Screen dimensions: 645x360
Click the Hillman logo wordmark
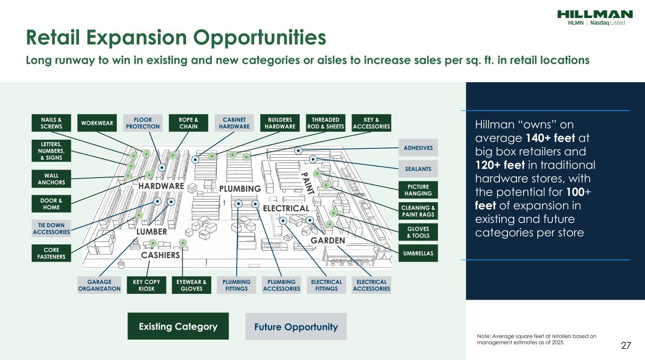coord(595,14)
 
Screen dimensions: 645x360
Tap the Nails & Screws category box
coord(51,123)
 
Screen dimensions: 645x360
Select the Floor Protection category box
coord(143,123)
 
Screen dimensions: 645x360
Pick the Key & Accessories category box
coord(371,123)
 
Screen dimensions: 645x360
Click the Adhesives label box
coord(418,148)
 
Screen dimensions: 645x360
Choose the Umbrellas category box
coord(418,253)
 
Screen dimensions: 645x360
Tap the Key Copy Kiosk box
coord(146,285)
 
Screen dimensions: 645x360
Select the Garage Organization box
coord(99,285)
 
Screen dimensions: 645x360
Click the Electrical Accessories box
coord(371,285)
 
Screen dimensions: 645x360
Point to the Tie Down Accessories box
coord(51,228)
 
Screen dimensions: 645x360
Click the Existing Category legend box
coord(178,326)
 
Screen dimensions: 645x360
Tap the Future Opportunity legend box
coord(296,326)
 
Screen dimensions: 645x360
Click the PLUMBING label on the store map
coord(240,189)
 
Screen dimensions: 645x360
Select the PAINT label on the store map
coord(307,183)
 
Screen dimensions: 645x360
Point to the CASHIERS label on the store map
coord(160,255)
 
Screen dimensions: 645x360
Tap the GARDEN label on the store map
coord(327,240)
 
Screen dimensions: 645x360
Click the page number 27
coord(626,345)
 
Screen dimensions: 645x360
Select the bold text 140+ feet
coord(550,138)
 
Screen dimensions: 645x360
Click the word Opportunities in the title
coord(259,38)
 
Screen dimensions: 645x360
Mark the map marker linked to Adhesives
coord(298,150)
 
